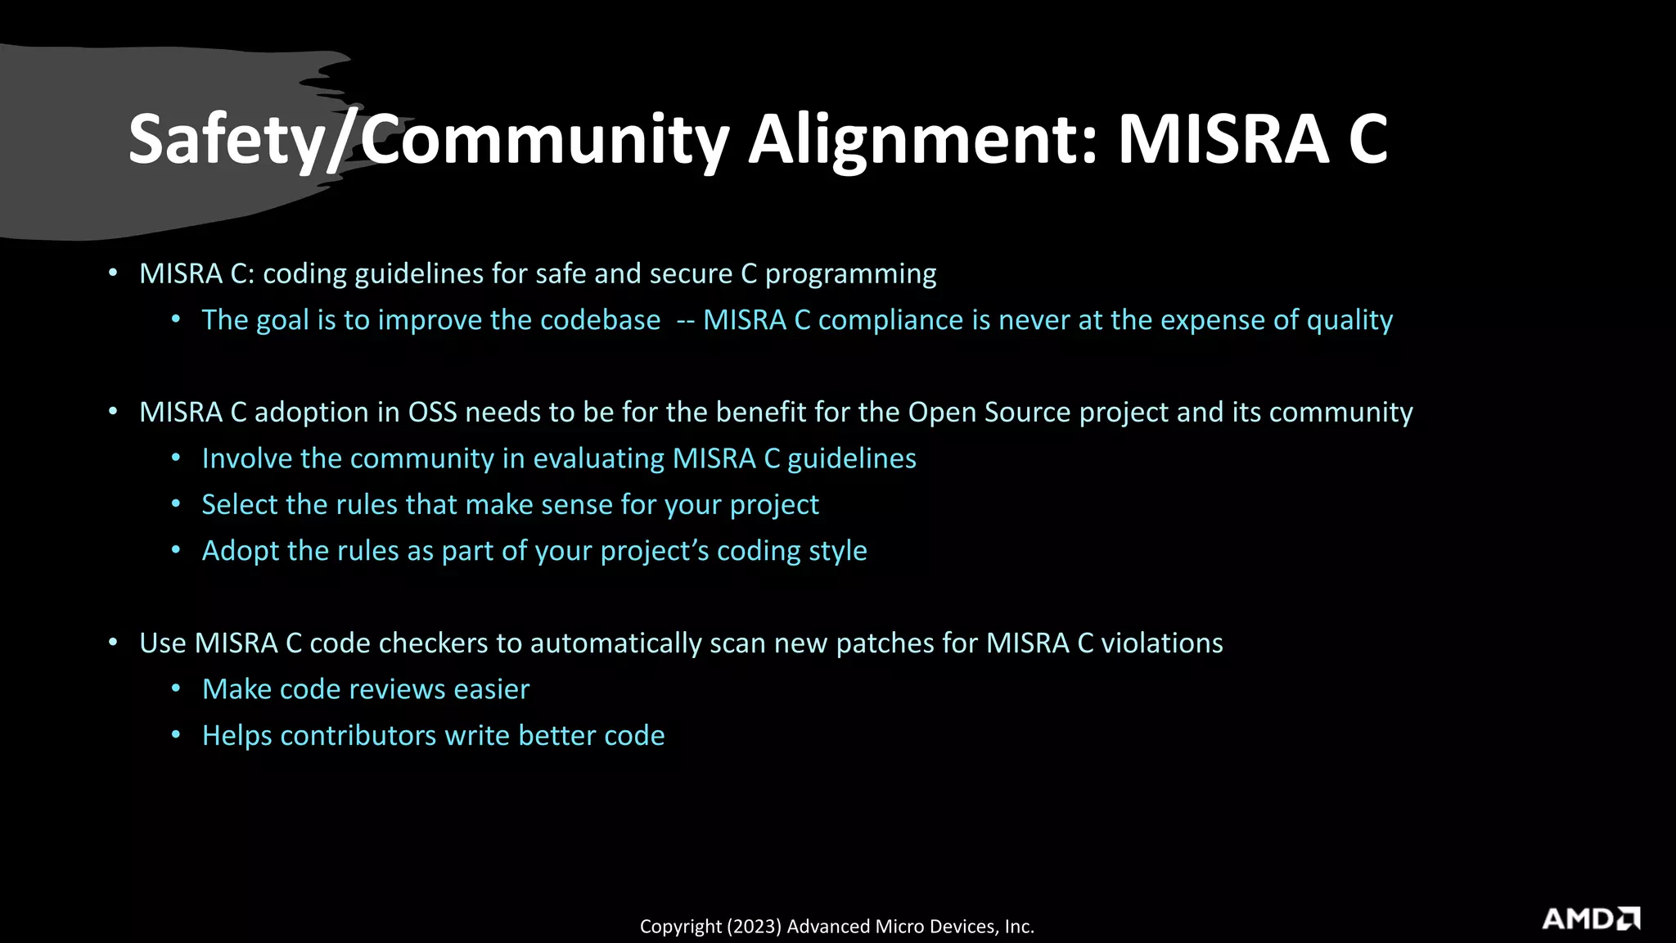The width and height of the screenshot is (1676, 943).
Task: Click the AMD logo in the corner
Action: tap(1590, 918)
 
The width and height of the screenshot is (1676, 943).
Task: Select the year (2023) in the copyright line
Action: tap(753, 927)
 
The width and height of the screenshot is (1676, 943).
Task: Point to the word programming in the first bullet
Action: tap(850, 274)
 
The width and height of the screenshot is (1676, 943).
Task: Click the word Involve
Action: tap(247, 458)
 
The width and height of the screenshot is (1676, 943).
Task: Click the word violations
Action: tap(1161, 643)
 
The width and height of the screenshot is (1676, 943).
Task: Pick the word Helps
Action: tap(237, 736)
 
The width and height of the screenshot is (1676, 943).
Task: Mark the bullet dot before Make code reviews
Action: tap(176, 689)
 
